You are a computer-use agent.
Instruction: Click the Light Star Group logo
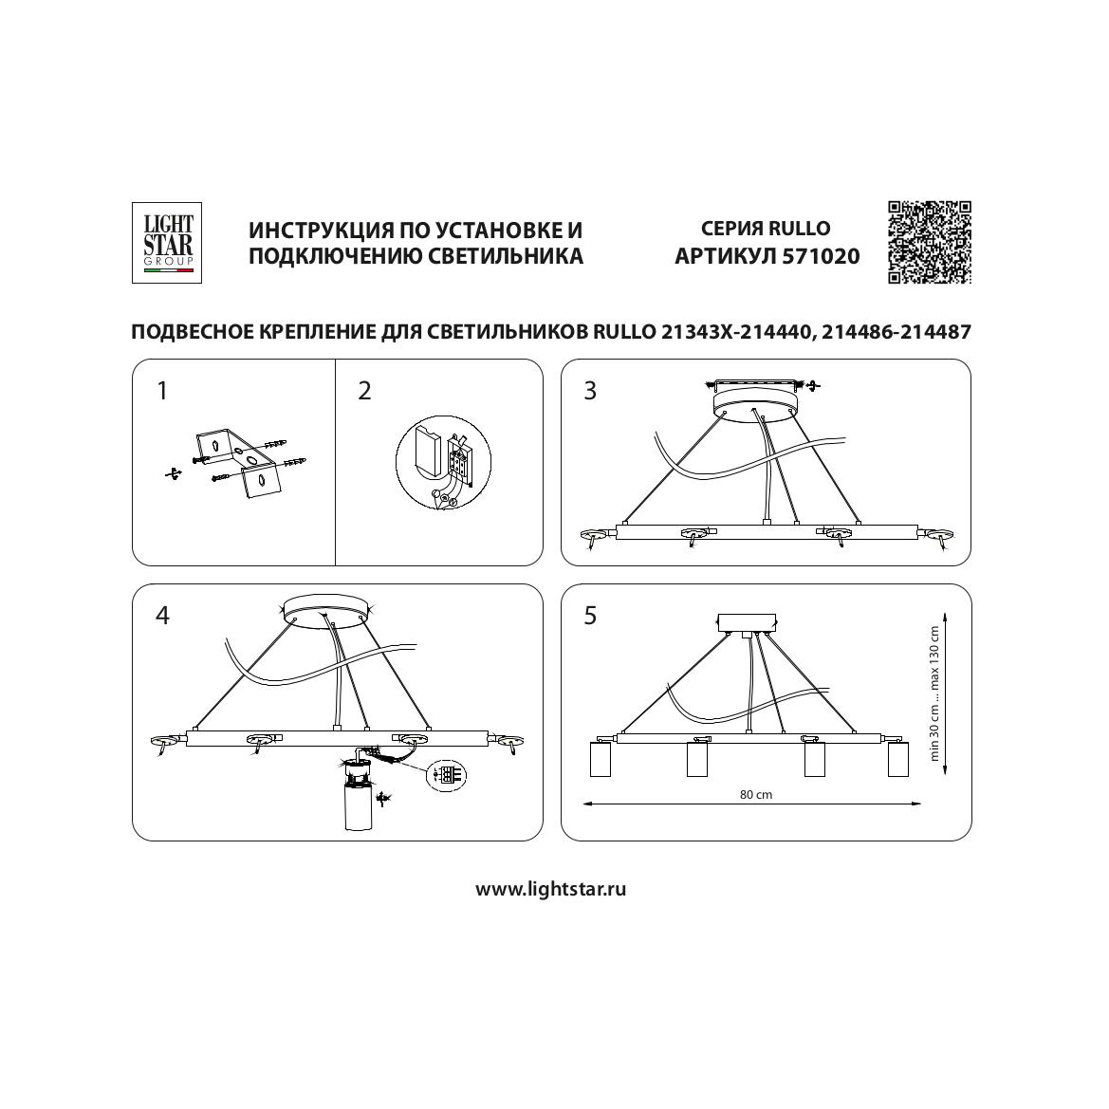coord(166,243)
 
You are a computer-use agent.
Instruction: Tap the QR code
coord(930,243)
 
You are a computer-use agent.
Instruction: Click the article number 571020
coord(821,256)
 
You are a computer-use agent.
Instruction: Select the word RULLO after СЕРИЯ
coord(799,229)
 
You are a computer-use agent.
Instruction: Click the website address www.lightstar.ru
coord(550,889)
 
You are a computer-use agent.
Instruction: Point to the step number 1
coord(162,391)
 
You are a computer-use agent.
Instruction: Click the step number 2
coord(364,391)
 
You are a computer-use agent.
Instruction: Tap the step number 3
coord(590,391)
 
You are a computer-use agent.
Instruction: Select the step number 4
coord(162,616)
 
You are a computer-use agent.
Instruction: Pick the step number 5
coord(590,616)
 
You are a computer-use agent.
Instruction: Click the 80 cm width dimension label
coord(756,794)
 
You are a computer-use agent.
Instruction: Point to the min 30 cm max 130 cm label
coord(934,693)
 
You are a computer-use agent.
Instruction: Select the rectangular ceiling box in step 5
coord(747,623)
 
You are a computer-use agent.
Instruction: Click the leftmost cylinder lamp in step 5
coord(600,759)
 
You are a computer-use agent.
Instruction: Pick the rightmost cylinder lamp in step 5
coord(898,759)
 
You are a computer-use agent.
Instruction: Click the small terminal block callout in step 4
coord(447,774)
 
